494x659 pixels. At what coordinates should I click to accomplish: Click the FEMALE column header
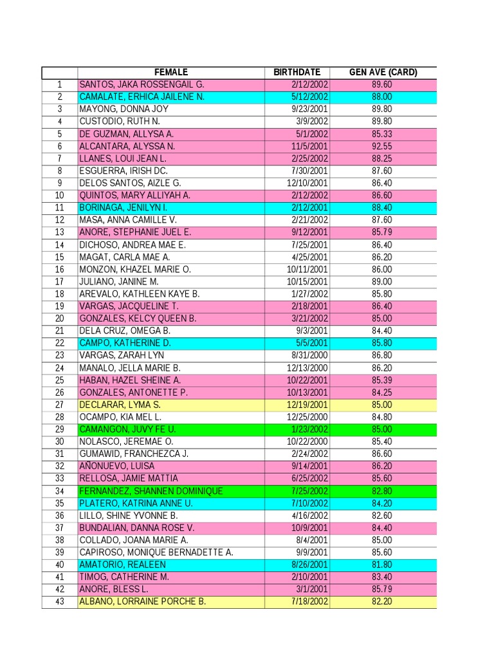pyautogui.click(x=170, y=72)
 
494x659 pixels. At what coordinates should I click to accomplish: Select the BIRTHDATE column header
pyautogui.click(x=297, y=72)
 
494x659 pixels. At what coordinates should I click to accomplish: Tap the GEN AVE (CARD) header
pyautogui.click(x=383, y=72)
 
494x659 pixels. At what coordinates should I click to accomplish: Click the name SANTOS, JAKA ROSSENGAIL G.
pyautogui.click(x=142, y=84)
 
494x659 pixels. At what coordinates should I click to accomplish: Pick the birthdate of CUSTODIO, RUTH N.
pyautogui.click(x=312, y=121)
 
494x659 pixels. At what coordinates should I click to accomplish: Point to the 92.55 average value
pyautogui.click(x=382, y=146)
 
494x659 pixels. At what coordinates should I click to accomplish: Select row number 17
pyautogui.click(x=60, y=281)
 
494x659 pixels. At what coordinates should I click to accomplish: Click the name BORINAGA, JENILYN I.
pyautogui.click(x=123, y=207)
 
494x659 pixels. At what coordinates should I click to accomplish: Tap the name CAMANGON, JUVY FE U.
pyautogui.click(x=127, y=429)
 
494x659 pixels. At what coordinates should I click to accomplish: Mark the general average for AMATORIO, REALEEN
pyautogui.click(x=382, y=564)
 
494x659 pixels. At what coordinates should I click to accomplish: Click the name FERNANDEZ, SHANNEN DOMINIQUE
pyautogui.click(x=151, y=491)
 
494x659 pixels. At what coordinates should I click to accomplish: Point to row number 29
pyautogui.click(x=60, y=429)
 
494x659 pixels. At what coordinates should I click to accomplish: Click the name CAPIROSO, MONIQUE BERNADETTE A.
pyautogui.click(x=156, y=552)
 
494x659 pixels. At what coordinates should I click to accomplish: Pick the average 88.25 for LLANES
pyautogui.click(x=382, y=158)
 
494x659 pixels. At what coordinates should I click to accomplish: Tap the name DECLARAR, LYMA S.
pyautogui.click(x=120, y=405)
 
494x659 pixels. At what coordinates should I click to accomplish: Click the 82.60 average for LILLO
pyautogui.click(x=382, y=515)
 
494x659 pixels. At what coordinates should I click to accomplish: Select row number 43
pyautogui.click(x=60, y=602)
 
